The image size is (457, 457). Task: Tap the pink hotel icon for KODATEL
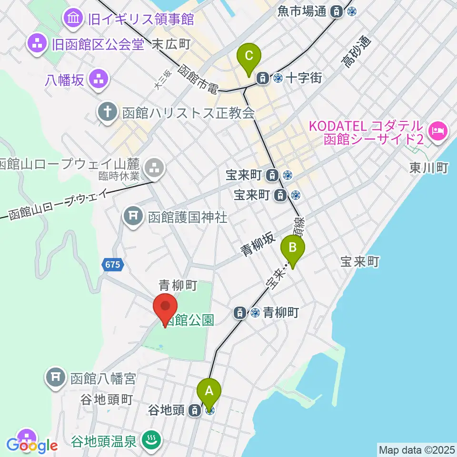[x=436, y=129]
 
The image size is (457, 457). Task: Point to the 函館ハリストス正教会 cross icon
[x=108, y=113]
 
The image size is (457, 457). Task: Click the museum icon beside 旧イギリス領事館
[x=74, y=19]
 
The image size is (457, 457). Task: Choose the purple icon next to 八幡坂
[x=99, y=79]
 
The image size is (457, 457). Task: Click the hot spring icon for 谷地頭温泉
[x=151, y=440]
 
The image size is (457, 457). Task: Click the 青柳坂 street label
[x=257, y=244]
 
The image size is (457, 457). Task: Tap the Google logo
[x=32, y=446]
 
